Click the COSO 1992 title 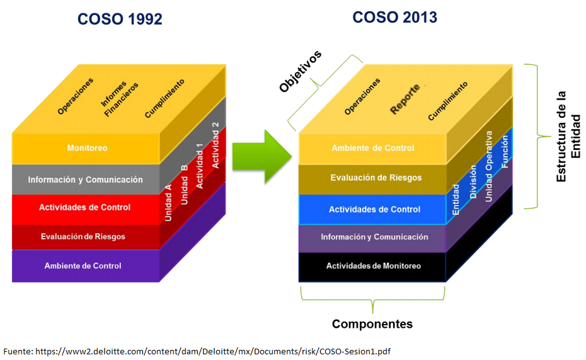click(120, 20)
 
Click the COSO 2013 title click(394, 17)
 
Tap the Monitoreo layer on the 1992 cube click(87, 148)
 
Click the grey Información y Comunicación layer click(85, 180)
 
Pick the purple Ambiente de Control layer click(83, 265)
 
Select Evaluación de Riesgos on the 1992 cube click(83, 236)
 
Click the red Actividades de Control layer click(84, 207)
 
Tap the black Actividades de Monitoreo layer click(373, 266)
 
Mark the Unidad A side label click(169, 202)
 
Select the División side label click(473, 182)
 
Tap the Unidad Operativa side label click(488, 166)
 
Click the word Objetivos click(301, 71)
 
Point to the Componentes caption click(372, 324)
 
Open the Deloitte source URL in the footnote click(213, 351)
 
